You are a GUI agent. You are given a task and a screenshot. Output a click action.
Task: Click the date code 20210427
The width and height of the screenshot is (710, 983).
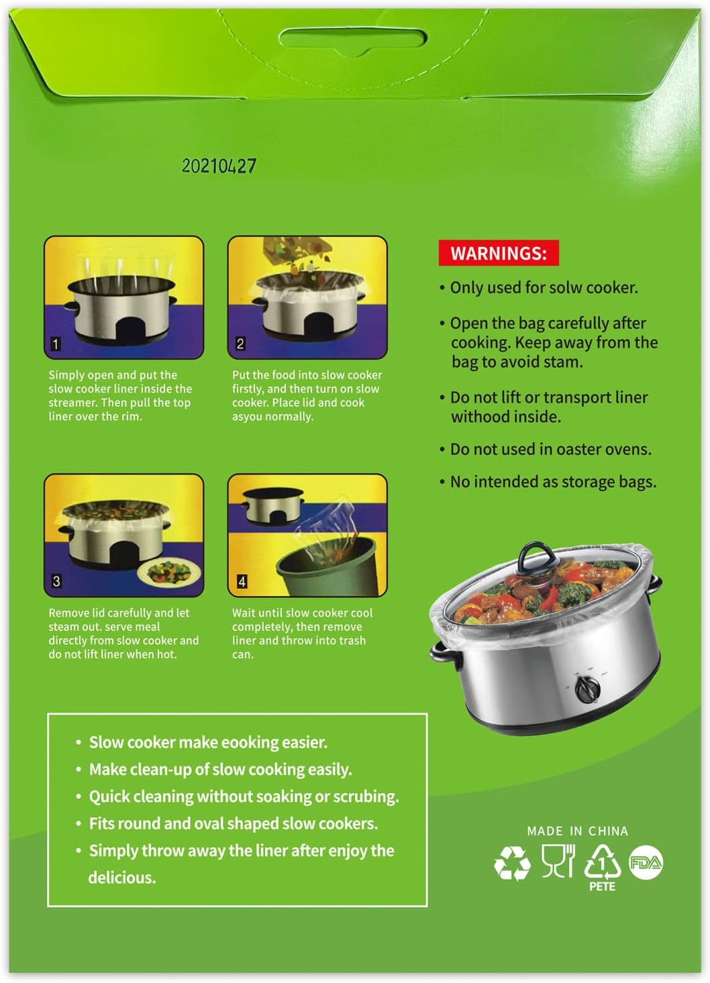point(219,166)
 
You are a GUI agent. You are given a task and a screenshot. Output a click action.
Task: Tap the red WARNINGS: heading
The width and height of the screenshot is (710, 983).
point(498,253)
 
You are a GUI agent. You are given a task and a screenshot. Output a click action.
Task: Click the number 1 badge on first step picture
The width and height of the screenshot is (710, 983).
point(56,344)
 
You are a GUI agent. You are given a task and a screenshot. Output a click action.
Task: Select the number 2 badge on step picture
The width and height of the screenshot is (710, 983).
point(240,344)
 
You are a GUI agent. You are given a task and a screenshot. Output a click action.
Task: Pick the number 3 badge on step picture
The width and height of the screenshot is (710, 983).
point(56,581)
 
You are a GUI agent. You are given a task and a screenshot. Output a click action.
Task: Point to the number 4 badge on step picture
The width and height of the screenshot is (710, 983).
point(242,581)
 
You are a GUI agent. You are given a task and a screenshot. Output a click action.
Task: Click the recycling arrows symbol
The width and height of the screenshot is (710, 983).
point(512,864)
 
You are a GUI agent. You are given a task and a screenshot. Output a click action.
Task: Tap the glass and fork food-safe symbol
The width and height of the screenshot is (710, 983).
point(558,860)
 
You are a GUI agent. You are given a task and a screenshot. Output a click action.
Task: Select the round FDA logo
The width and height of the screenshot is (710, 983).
point(646,863)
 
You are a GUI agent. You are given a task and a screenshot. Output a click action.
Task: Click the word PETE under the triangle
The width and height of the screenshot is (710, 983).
point(602,886)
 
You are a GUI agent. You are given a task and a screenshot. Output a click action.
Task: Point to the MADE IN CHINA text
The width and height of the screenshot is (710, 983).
point(577,831)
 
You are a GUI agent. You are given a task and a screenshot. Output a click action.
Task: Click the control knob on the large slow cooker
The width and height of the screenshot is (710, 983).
point(589,689)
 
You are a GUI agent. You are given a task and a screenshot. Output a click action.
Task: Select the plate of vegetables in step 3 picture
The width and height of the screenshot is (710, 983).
point(164,572)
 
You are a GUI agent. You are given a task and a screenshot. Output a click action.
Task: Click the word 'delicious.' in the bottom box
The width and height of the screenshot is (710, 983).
point(122,878)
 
